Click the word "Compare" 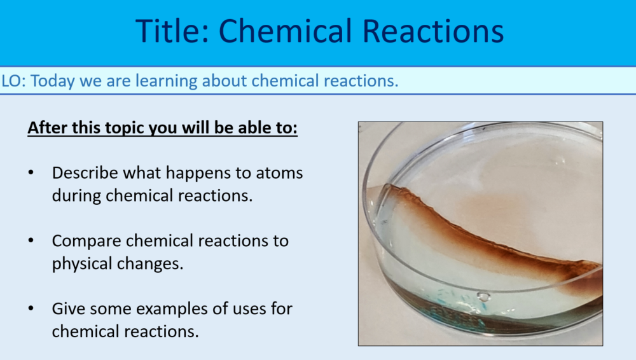(x=86, y=241)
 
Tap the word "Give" (x=67, y=309)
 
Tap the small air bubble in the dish (x=483, y=296)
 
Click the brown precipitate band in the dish (x=483, y=235)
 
